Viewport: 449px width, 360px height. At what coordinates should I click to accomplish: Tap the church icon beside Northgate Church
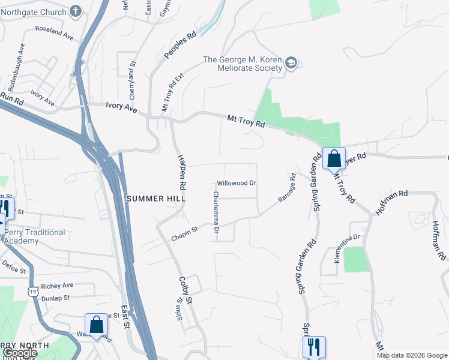[76, 11]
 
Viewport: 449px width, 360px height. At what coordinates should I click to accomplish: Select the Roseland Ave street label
[54, 32]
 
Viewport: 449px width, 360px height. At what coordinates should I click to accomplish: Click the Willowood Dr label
[237, 183]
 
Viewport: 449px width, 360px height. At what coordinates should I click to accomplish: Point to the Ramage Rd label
[288, 187]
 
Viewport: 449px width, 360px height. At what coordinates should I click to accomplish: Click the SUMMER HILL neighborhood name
[155, 198]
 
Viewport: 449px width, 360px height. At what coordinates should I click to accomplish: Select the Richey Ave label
[57, 286]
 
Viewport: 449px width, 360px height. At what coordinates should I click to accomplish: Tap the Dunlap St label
[55, 297]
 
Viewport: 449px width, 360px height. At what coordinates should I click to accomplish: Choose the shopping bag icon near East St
[96, 325]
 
